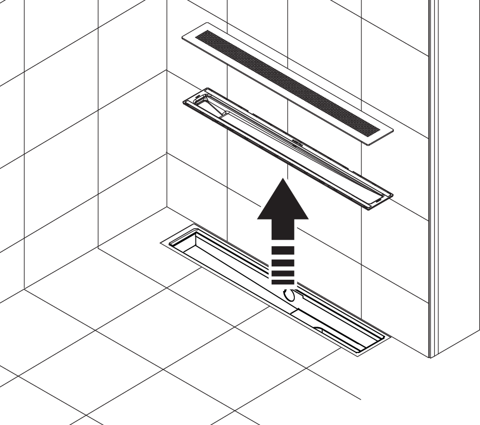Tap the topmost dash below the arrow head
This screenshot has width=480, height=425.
click(283, 250)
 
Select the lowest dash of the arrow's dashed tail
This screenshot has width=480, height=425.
click(283, 282)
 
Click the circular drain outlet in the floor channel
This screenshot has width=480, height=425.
click(290, 295)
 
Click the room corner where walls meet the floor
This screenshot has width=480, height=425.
click(167, 208)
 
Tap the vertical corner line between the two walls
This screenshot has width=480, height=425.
click(167, 129)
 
